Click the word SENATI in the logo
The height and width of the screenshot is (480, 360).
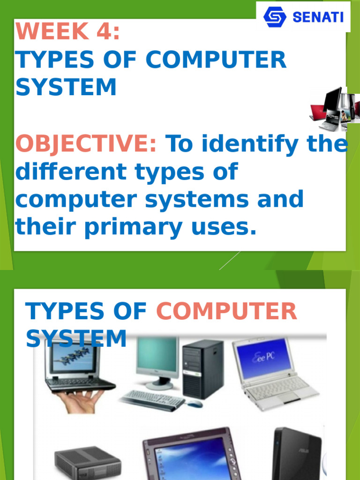(318, 17)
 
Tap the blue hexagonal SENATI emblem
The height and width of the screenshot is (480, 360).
(275, 17)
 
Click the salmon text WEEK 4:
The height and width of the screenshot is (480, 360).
(67, 31)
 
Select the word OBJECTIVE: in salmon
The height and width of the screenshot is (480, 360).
(86, 143)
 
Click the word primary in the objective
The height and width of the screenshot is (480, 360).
(134, 227)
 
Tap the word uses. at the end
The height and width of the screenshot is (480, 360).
(224, 227)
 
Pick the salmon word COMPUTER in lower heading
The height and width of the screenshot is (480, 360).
(226, 311)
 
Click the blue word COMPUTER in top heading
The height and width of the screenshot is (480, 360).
(216, 60)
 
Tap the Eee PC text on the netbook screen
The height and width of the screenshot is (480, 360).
(263, 357)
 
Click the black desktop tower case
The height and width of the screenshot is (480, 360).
(203, 369)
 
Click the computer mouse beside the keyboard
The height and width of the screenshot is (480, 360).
(195, 404)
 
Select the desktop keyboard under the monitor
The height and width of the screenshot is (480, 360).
(152, 399)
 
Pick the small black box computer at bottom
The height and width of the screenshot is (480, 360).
(88, 462)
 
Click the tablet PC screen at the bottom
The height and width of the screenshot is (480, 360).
(192, 460)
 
